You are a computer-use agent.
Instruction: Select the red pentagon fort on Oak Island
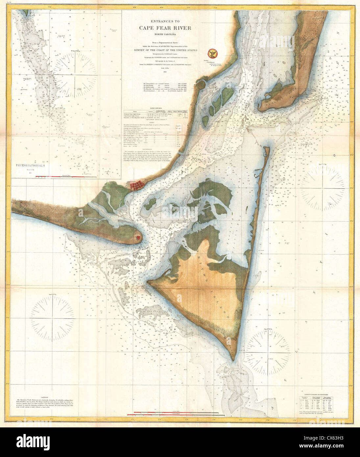pyautogui.click(x=139, y=236)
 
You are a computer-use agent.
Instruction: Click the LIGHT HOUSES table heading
pyautogui.click(x=155, y=108)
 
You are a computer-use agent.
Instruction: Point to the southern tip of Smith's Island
pyautogui.click(x=233, y=360)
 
